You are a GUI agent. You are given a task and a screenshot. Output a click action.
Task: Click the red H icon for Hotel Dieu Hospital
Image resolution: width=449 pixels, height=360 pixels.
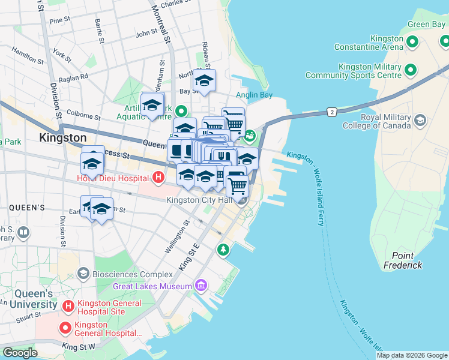pos(158,178)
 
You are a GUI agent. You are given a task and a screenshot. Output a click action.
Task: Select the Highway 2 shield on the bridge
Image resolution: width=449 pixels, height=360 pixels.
pos(331,112)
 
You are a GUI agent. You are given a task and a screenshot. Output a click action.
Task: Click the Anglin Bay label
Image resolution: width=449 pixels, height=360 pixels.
pos(254,95)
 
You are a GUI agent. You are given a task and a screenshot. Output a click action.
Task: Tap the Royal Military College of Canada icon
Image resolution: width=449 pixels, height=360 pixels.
pos(420,121)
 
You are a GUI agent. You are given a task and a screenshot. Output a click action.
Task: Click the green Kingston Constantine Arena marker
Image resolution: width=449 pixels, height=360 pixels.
pos(412,42)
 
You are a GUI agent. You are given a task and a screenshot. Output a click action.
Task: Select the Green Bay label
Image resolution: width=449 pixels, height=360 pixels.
pos(426,25)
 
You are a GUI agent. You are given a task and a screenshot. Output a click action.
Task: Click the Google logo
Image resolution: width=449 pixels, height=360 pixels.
pos(20,353)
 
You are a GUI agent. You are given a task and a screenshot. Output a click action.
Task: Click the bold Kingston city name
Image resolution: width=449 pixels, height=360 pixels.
pos(62,137)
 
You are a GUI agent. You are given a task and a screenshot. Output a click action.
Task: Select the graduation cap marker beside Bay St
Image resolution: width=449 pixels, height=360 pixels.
pos(204,81)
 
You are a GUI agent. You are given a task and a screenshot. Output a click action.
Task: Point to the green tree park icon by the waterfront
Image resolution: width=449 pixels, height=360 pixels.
pos(223,249)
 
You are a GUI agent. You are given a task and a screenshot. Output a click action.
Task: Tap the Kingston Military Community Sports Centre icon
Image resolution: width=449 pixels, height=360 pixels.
pos(411,71)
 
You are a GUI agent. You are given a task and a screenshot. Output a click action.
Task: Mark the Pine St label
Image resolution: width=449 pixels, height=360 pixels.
pos(60,20)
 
